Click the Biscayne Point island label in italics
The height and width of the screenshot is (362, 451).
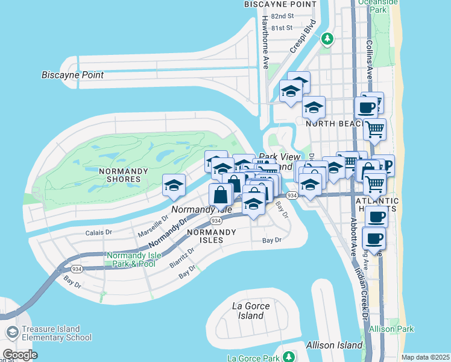(x=72, y=75)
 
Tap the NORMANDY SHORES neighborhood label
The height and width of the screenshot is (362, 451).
(x=123, y=176)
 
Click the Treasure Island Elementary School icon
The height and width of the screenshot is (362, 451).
(x=12, y=333)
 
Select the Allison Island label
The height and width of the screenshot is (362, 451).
(x=334, y=345)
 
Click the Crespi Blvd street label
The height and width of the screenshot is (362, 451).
(x=303, y=37)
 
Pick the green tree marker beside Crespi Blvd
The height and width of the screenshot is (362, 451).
(x=327, y=39)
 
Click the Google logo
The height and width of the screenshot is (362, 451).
(x=20, y=355)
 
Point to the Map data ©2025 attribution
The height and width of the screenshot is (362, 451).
(x=424, y=357)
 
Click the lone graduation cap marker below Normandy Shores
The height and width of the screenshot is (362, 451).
(x=174, y=185)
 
